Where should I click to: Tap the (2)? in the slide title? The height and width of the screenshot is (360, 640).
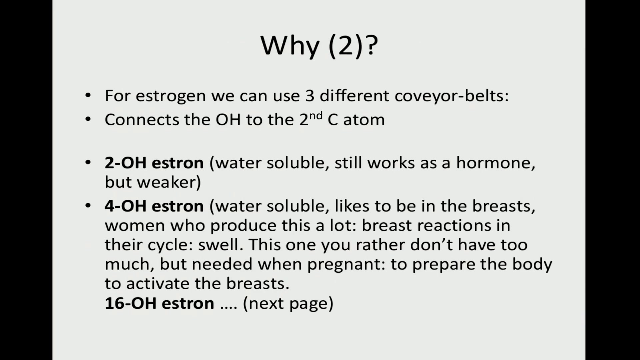(353, 46)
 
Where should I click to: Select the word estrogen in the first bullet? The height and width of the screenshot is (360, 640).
(171, 96)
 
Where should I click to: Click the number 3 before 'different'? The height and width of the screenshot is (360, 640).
(310, 95)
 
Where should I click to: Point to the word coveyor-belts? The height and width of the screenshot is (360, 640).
(452, 96)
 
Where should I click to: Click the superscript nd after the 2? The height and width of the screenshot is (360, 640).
(316, 116)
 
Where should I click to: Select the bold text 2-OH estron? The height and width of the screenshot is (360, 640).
(154, 163)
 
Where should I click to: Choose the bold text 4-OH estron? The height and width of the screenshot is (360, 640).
(154, 206)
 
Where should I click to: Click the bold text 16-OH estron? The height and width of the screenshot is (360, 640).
(159, 303)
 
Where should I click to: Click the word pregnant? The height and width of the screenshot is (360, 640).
(346, 265)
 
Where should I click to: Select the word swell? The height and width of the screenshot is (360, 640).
(218, 245)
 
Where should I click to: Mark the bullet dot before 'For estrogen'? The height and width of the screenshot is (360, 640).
(88, 96)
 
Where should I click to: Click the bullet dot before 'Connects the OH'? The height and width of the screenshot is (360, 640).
(88, 119)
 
